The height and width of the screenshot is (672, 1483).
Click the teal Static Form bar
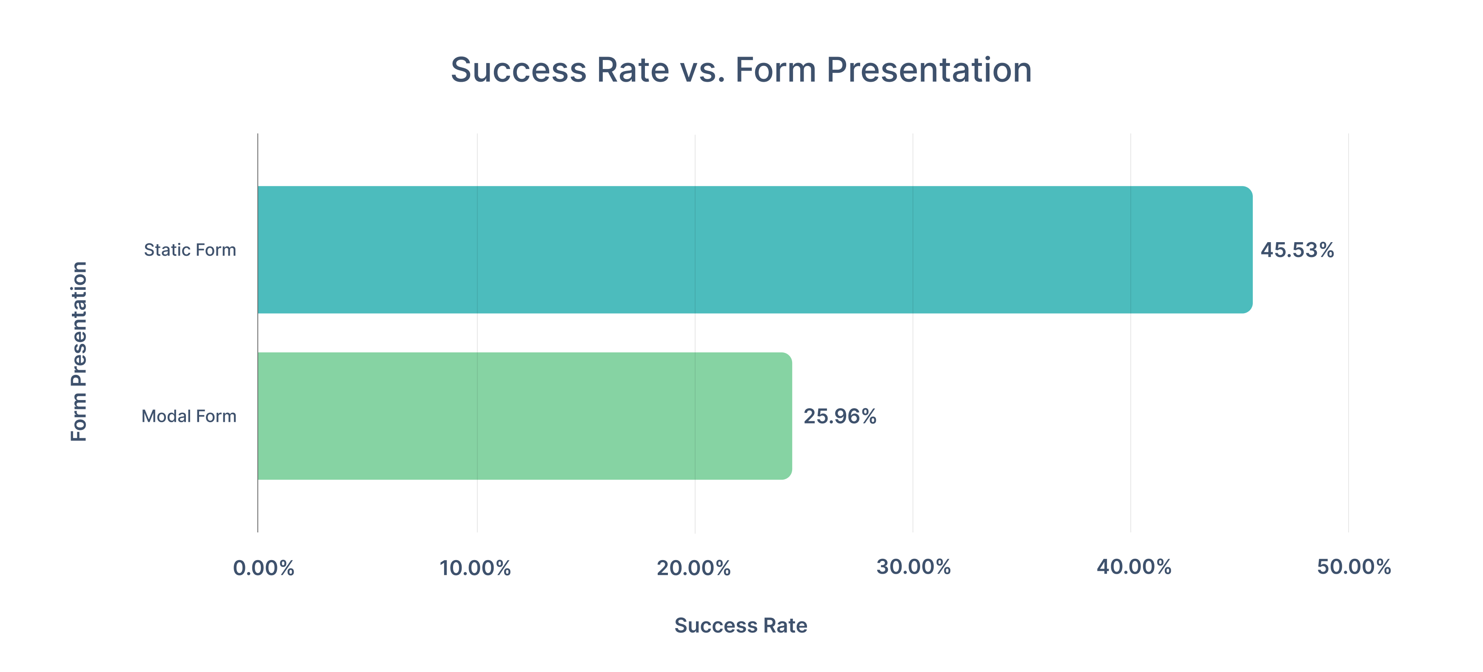[755, 249]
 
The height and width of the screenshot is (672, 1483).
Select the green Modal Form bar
[525, 416]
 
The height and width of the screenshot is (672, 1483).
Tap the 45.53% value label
[1297, 250]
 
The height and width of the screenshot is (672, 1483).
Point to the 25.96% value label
[840, 416]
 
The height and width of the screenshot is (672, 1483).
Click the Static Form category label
[190, 250]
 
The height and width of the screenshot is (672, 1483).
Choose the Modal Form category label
[189, 416]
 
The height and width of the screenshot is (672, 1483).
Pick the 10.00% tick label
[475, 568]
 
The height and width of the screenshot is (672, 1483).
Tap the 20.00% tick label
[694, 568]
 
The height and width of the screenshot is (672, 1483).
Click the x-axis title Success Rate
[741, 625]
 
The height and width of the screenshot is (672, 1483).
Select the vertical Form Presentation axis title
[79, 351]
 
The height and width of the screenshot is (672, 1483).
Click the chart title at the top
[741, 70]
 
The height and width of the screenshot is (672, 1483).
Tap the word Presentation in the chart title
[929, 70]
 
